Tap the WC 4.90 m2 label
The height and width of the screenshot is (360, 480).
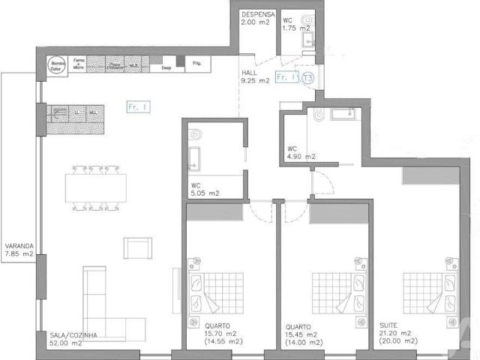tap(301, 153)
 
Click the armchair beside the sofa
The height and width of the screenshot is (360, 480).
tap(137, 247)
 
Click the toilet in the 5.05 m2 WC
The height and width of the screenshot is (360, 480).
tap(196, 133)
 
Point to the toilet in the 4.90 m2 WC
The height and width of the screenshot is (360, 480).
tap(318, 115)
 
